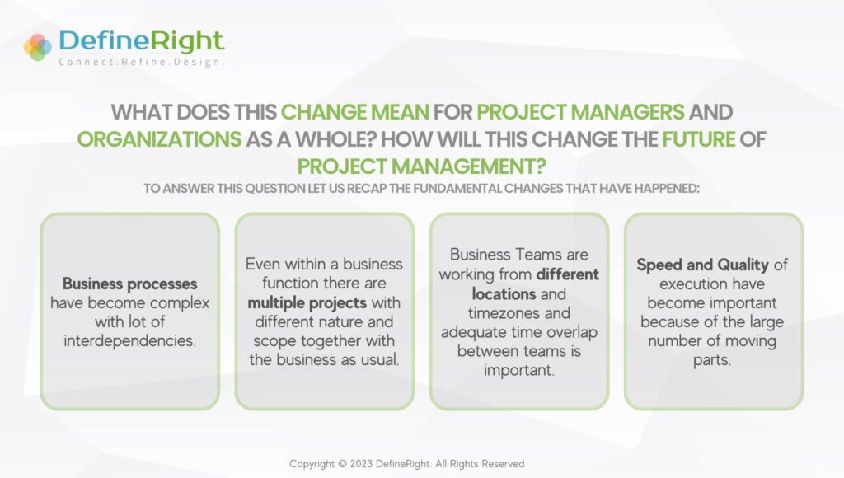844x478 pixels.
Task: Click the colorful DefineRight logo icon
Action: pos(38,47)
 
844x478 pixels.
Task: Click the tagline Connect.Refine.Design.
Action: pos(141,62)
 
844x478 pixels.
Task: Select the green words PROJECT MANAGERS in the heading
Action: pos(577,112)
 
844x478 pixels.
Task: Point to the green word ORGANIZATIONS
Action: pos(159,138)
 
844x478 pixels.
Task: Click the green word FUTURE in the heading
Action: pos(697,138)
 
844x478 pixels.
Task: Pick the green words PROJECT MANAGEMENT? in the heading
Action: pos(421,165)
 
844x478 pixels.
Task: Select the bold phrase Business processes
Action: pos(130,284)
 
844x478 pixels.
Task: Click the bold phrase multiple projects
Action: pos(307,302)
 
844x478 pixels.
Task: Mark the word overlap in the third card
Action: pos(567,332)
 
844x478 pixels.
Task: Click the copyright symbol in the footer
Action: pos(344,464)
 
